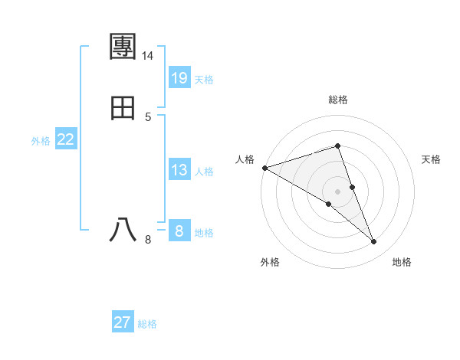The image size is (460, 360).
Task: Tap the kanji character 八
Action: pos(123,229)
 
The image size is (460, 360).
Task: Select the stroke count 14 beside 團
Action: pos(148,57)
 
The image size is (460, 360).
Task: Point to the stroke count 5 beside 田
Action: pos(148,117)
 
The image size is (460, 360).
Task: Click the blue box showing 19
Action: pos(179,77)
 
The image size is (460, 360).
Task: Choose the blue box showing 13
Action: pos(179,170)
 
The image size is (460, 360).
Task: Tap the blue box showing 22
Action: pos(66,139)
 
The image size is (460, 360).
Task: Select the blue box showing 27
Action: pos(123,322)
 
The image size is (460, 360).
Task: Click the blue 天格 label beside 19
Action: pos(204,80)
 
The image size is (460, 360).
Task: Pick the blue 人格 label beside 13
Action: pos(204,172)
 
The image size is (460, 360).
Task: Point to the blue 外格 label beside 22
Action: pos(41,141)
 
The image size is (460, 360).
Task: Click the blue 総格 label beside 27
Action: pos(147,324)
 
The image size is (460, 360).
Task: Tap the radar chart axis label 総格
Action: pos(338,100)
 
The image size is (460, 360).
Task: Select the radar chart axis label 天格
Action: pos(432,159)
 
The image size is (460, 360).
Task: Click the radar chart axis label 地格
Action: pos(402,263)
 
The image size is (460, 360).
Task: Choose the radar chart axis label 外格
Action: pos(270,263)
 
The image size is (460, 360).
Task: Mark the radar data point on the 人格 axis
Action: pos(264,167)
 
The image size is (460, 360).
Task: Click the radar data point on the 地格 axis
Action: pos(374,242)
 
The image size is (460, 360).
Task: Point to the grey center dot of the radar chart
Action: pos(338,191)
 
